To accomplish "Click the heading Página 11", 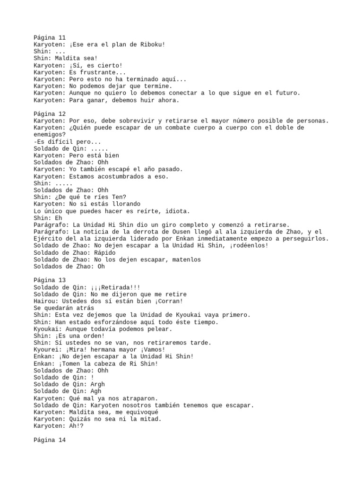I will pos(50,37).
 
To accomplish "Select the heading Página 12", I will pos(50,114).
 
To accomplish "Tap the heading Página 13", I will pos(50,280).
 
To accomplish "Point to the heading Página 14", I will pos(50,440).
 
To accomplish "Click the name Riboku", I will pos(150,45).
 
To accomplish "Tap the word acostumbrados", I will pos(124,176).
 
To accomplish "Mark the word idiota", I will pos(177,211).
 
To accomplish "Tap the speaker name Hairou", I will pos(44,301).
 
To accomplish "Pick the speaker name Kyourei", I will pos(46,349).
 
